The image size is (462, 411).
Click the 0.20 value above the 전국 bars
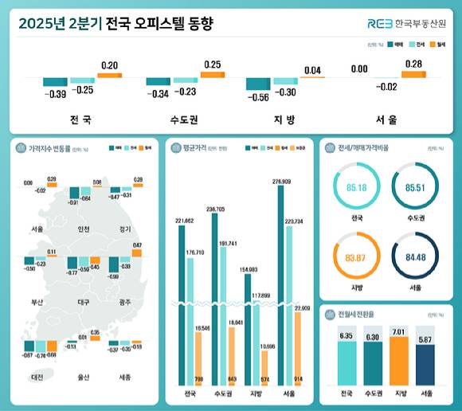pyautogui.click(x=110, y=65)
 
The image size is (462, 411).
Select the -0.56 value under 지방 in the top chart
pyautogui.click(x=256, y=98)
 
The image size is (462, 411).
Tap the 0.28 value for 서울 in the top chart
pyautogui.click(x=413, y=64)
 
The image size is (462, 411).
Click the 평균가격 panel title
pyautogui.click(x=194, y=147)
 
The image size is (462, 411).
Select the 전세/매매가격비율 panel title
pyautogui.click(x=358, y=147)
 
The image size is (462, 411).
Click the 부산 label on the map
pyautogui.click(x=37, y=303)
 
